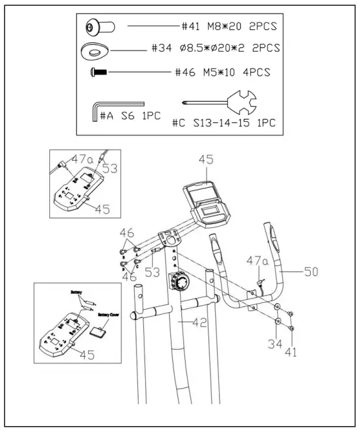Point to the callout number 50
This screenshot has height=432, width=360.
click(311, 273)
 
